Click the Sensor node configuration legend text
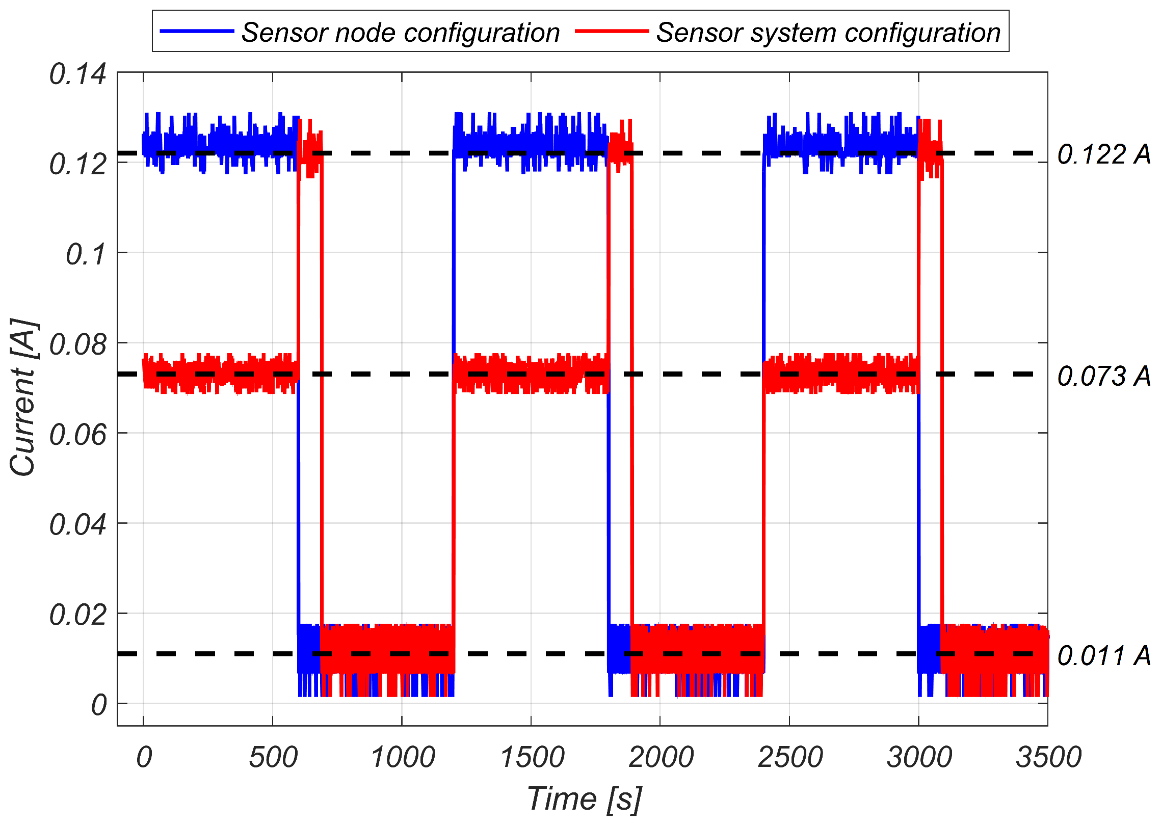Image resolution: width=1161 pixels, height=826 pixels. pyautogui.click(x=401, y=33)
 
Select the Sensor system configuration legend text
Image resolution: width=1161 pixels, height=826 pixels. pyautogui.click(x=828, y=33)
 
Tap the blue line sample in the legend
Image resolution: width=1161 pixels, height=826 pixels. pyautogui.click(x=197, y=32)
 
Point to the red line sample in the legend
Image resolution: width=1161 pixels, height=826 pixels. pyautogui.click(x=612, y=32)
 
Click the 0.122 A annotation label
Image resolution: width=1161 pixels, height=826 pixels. pyautogui.click(x=1104, y=154)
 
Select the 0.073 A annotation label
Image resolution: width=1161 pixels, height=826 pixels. pyautogui.click(x=1104, y=376)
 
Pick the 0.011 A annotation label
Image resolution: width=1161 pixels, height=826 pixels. pyautogui.click(x=1104, y=655)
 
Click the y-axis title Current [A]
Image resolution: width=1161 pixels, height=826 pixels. pyautogui.click(x=23, y=397)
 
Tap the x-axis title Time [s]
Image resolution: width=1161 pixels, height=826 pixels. pyautogui.click(x=584, y=798)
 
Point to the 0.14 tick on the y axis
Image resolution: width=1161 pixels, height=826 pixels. pyautogui.click(x=77, y=74)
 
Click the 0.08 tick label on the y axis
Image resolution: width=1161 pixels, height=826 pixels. pyautogui.click(x=77, y=345)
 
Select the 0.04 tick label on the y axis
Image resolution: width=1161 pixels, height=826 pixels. pyautogui.click(x=77, y=525)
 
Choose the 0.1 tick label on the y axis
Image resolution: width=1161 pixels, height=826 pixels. pyautogui.click(x=86, y=254)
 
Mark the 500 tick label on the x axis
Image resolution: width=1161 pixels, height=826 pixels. pyautogui.click(x=273, y=757)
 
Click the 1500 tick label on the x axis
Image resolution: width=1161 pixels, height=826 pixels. pyautogui.click(x=532, y=757)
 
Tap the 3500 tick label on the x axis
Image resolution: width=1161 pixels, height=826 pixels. pyautogui.click(x=1048, y=757)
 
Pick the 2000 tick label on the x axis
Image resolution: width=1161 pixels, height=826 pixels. pyautogui.click(x=661, y=757)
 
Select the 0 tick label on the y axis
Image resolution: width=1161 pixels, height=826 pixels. pyautogui.click(x=99, y=706)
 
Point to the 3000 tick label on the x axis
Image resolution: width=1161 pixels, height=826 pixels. pyautogui.click(x=919, y=757)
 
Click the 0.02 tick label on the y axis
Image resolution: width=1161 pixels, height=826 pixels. pyautogui.click(x=77, y=615)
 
